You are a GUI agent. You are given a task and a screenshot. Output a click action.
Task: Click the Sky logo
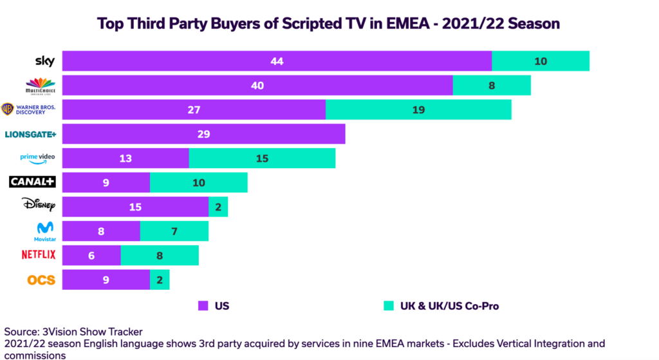click(44, 61)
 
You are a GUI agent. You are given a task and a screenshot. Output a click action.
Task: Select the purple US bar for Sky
click(277, 61)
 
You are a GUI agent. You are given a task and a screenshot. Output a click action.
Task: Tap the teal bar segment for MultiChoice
click(492, 86)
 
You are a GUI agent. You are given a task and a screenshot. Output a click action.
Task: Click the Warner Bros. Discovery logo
click(29, 109)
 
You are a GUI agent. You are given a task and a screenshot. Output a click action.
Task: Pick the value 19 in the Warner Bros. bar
click(418, 109)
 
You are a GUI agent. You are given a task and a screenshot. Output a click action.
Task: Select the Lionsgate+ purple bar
click(204, 134)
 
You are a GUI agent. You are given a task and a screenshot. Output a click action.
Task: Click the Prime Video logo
click(38, 158)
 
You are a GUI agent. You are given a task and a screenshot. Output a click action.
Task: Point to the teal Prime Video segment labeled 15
click(262, 158)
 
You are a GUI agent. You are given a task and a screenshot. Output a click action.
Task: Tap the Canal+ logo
click(32, 182)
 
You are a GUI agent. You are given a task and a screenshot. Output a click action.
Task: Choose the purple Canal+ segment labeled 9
click(106, 182)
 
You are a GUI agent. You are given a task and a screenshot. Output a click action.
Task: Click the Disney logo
click(39, 206)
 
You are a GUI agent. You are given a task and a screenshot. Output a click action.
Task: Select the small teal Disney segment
click(218, 207)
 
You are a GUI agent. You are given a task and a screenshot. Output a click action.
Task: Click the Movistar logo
click(44, 231)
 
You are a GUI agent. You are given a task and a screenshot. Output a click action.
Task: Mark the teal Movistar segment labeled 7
click(174, 231)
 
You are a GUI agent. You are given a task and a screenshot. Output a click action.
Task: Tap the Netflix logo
click(39, 255)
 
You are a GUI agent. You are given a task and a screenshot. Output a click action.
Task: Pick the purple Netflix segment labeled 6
click(91, 255)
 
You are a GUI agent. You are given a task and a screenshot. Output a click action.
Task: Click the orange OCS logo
click(41, 279)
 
